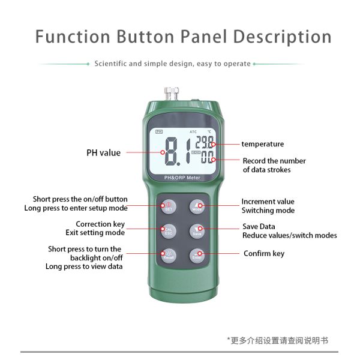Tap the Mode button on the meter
click(x=197, y=206)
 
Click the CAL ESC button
click(x=168, y=230)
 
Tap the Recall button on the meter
click(x=168, y=254)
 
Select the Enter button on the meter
click(x=197, y=254)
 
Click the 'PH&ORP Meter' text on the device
click(x=182, y=178)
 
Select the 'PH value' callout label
click(x=103, y=153)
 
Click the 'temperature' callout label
click(x=262, y=144)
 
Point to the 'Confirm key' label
click(x=263, y=254)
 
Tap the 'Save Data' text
click(x=259, y=226)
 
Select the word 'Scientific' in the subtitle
click(x=110, y=64)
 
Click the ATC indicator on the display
click(x=193, y=131)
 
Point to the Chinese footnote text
click(x=279, y=340)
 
